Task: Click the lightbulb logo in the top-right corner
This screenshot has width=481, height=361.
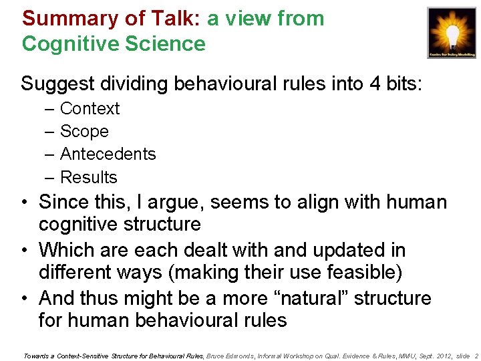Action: tap(452, 31)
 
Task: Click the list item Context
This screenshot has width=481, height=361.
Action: tap(90, 108)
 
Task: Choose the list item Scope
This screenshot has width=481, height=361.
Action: tap(84, 132)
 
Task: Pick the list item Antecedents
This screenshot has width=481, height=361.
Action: tap(108, 154)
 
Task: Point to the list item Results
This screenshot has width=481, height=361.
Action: tap(88, 177)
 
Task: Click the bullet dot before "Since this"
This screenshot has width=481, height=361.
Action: tap(23, 202)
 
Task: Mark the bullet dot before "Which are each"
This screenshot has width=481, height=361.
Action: tap(23, 250)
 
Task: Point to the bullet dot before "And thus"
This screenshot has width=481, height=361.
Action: tap(23, 298)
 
